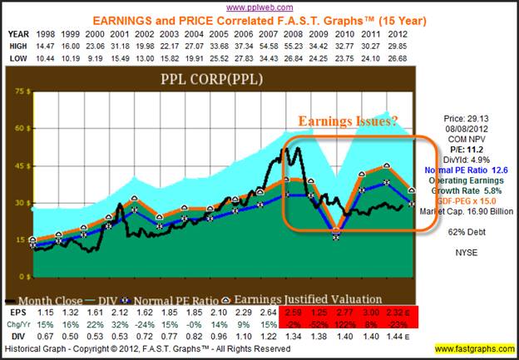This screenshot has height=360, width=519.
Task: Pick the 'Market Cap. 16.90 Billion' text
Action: click(x=467, y=208)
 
